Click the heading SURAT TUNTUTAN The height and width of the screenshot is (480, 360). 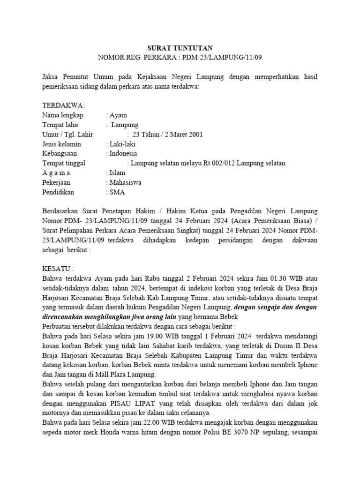click(x=180, y=48)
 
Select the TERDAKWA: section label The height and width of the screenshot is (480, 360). click(x=63, y=105)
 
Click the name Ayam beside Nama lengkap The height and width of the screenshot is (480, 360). click(x=118, y=115)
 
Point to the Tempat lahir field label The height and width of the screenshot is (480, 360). click(x=60, y=125)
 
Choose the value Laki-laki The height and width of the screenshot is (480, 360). click(x=122, y=144)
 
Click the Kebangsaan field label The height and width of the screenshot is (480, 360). click(x=60, y=153)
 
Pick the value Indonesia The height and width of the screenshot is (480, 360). click(x=123, y=153)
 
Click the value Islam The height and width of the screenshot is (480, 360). click(x=117, y=172)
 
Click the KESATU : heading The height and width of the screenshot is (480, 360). click(x=58, y=269)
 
